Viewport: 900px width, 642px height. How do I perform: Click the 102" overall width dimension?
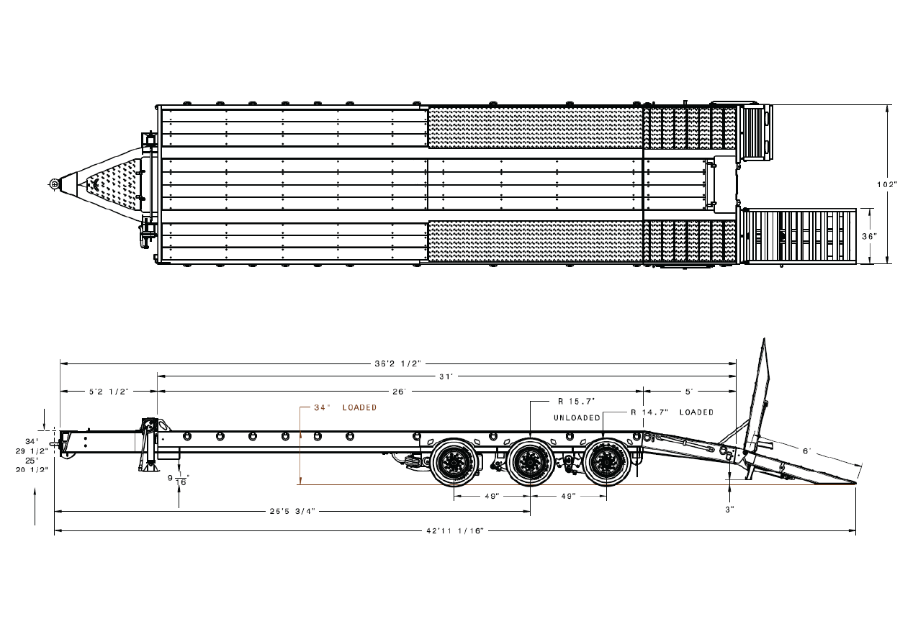887,185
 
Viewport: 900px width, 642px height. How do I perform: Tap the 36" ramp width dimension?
870,236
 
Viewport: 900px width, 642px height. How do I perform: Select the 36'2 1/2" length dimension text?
397,364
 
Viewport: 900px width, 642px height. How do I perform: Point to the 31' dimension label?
446,377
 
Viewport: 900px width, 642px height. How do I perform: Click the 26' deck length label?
400,392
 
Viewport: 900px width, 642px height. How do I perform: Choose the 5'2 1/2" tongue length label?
109,392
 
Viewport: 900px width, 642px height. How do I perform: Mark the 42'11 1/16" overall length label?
455,531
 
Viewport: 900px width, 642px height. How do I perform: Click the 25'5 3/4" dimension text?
292,512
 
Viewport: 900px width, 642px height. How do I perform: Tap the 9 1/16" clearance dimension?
179,479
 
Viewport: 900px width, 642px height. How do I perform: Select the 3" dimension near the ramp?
729,510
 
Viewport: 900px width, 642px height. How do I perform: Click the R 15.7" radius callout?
577,402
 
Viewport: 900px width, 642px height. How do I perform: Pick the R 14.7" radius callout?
649,412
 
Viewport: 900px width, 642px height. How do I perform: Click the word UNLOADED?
577,418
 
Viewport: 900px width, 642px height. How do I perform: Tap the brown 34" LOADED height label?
345,408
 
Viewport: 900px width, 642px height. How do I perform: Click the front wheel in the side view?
454,462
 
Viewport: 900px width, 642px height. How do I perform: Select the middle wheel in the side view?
531,462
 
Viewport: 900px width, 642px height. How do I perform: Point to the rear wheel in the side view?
607,462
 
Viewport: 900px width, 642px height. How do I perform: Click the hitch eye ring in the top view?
54,184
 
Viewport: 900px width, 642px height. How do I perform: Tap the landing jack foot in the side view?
148,467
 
